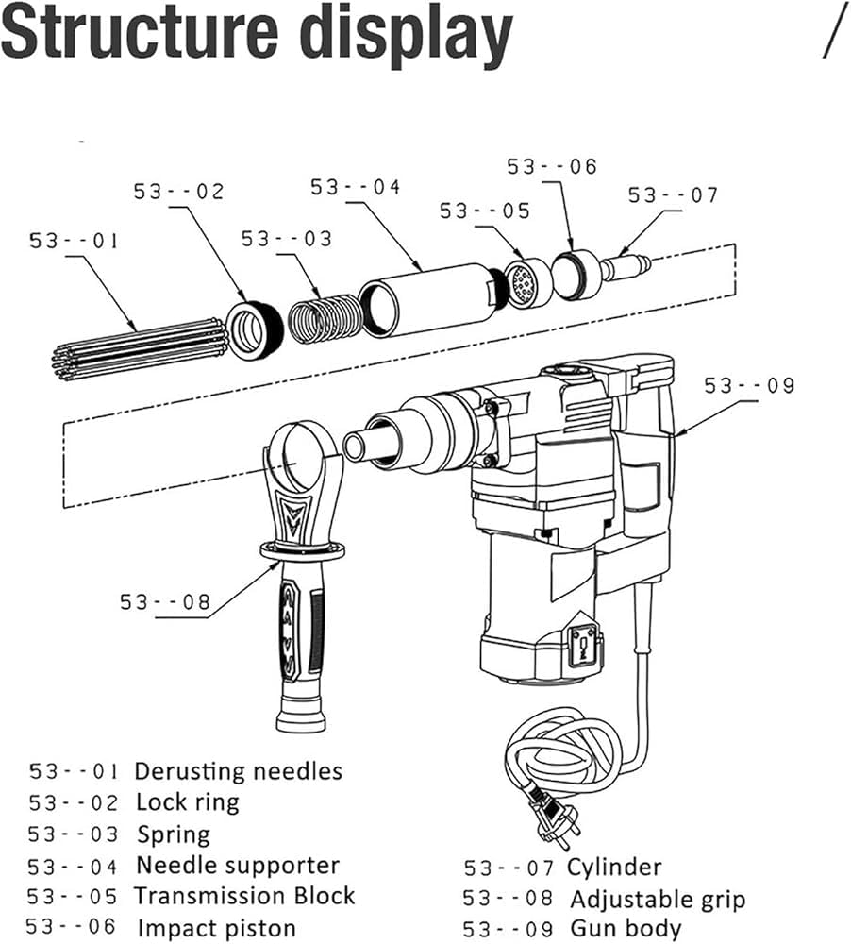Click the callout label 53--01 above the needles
(x=74, y=241)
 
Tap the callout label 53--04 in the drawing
(x=356, y=187)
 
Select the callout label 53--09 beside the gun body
(x=749, y=385)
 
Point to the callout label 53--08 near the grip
(x=164, y=601)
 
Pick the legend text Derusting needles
(x=238, y=771)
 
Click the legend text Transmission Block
(x=244, y=895)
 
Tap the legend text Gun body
(x=625, y=928)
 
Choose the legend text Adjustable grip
(x=657, y=899)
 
